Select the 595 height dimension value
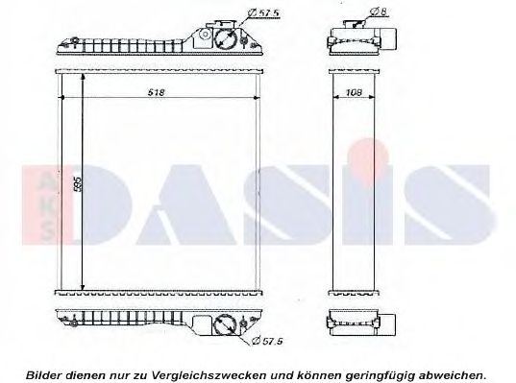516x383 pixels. click(77, 183)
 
